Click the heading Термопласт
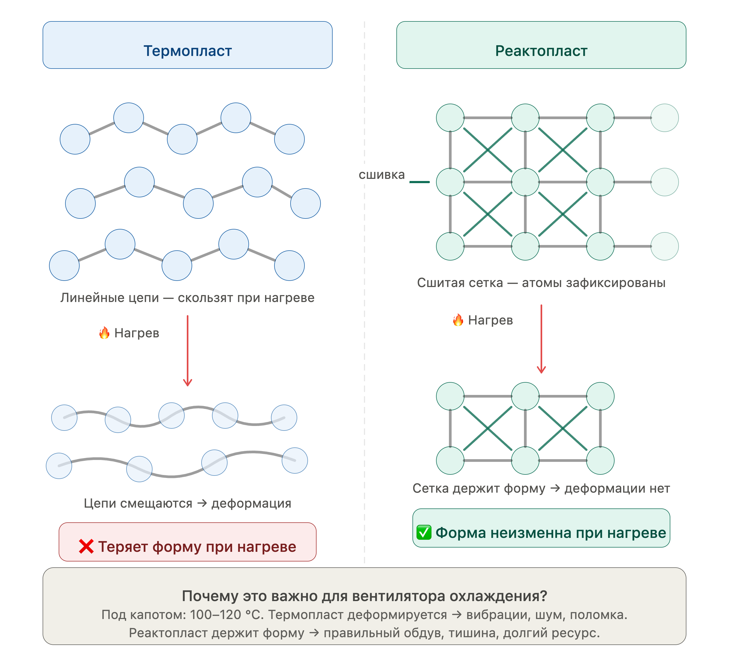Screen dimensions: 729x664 click(x=187, y=51)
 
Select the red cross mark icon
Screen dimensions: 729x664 click(x=86, y=546)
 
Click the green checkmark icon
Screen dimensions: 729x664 click(x=424, y=532)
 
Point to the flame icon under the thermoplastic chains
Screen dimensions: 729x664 click(x=105, y=333)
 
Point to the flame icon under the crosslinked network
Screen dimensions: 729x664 click(x=458, y=320)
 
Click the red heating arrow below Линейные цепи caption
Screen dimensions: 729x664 click(x=187, y=351)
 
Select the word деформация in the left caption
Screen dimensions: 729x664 click(x=251, y=503)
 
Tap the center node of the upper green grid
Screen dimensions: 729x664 click(x=525, y=182)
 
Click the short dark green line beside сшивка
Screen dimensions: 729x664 click(x=419, y=182)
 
